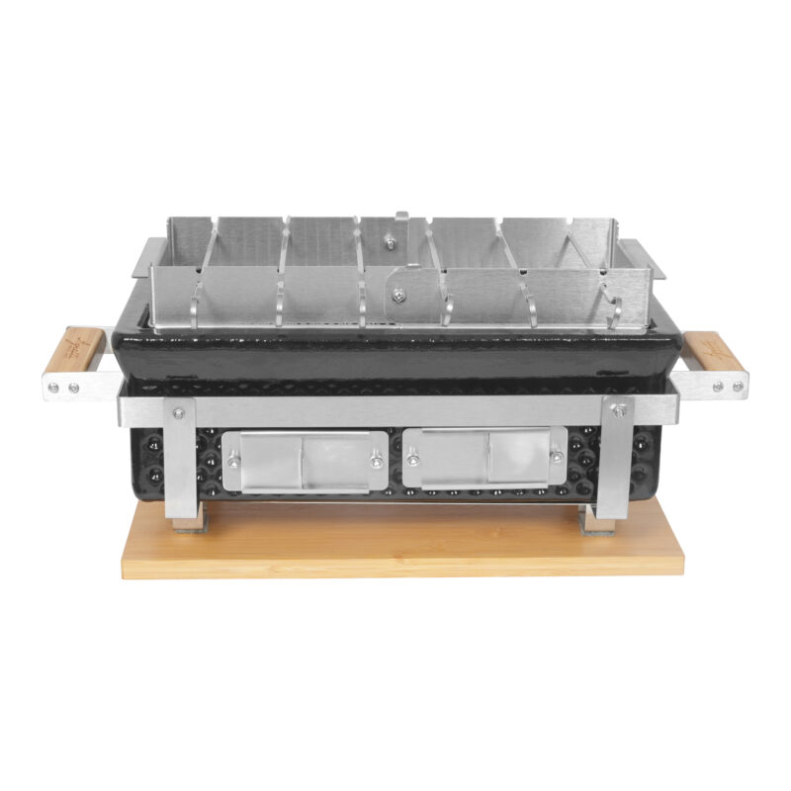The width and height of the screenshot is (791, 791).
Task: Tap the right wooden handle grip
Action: click(x=711, y=351)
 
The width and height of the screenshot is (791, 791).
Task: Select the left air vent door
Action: click(x=302, y=460)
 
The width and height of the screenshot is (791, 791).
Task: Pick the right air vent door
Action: click(x=484, y=458)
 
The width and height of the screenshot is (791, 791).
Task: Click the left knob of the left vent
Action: click(x=233, y=459)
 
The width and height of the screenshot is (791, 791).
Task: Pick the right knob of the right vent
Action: click(x=556, y=456)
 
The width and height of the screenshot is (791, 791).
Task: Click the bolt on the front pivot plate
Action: click(x=397, y=294)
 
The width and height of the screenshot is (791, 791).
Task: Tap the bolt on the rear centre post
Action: click(x=389, y=242)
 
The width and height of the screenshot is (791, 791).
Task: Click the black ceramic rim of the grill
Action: click(x=395, y=351)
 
